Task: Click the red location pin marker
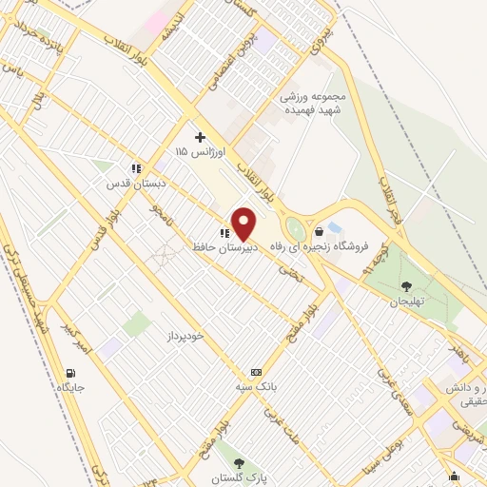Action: [x=244, y=224]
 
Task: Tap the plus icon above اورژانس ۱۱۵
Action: [x=200, y=137]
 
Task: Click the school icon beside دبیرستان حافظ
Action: [x=224, y=233]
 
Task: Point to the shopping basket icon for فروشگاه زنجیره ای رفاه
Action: [x=318, y=231]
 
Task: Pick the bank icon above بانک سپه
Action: [x=255, y=372]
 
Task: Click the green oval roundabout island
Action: [x=295, y=229]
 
